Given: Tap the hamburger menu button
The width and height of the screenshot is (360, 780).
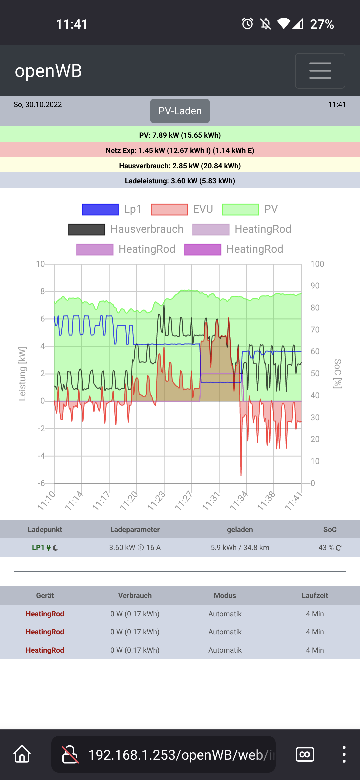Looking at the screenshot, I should point(320,71).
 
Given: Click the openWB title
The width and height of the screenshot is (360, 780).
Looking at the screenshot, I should point(48,71).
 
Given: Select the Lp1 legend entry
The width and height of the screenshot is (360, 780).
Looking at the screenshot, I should point(112,209).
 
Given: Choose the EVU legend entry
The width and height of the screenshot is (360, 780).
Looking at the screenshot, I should point(182,209).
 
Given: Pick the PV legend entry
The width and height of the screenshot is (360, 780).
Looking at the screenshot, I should point(250,209).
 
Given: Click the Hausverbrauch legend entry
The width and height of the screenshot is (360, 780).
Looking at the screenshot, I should point(126,229).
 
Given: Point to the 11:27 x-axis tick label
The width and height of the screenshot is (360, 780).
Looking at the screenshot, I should point(184,500).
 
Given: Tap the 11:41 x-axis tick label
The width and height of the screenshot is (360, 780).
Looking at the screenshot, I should point(294,500).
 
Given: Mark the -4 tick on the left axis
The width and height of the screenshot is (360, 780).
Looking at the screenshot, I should point(41,456).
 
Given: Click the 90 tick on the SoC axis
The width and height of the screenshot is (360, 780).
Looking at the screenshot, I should point(315,286).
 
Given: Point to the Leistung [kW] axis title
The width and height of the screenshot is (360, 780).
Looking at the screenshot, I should point(22,374).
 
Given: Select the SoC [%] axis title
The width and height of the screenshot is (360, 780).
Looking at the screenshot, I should point(338,374).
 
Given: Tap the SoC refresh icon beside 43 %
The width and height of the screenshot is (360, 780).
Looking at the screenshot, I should point(339,548).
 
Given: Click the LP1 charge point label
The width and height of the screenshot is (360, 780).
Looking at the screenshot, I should point(38,548).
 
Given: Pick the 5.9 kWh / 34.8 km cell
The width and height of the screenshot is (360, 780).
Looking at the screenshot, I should point(240,548).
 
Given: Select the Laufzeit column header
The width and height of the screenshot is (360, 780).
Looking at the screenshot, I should point(315,595).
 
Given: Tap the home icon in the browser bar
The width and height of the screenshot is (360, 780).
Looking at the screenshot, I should point(22,754).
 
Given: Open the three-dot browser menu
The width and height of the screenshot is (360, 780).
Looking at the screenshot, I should point(344,754).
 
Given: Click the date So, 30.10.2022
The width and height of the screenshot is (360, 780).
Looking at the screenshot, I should point(38,105).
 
